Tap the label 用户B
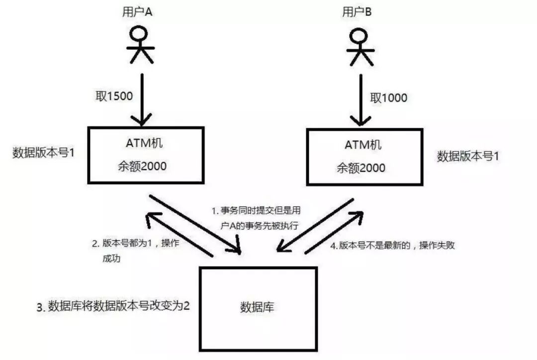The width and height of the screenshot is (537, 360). coord(356,13)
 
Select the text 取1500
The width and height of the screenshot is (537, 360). coord(114,96)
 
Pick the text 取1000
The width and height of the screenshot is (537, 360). coord(388,97)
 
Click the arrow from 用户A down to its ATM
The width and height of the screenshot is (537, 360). coord(142,99)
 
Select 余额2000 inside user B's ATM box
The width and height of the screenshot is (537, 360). coord(361,168)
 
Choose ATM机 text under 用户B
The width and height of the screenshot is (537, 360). coord(362,146)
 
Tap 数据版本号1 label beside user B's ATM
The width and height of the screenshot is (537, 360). coord(468,156)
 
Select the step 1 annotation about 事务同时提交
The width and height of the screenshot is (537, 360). coord(255,218)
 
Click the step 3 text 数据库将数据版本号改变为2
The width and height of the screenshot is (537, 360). coord(113,306)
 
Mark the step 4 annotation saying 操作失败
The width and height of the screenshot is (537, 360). coord(393,246)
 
